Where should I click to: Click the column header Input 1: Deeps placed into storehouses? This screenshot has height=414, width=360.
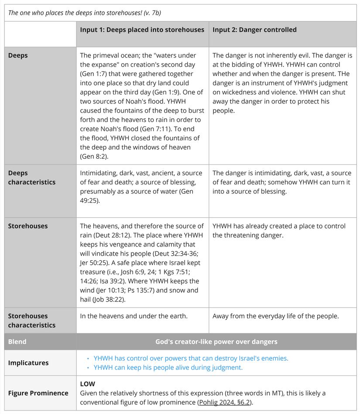[x=142, y=30]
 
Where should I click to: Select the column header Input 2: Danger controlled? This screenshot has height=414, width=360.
[x=254, y=30]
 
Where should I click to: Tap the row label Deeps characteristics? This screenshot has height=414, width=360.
[x=31, y=178]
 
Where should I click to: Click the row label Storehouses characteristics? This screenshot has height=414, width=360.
[x=31, y=320]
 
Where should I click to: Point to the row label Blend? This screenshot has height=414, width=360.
[x=17, y=342]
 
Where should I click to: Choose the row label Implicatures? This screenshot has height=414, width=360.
[x=28, y=363]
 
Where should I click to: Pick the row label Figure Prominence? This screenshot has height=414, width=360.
[x=38, y=393]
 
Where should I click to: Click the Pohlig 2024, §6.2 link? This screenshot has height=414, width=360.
[x=224, y=402]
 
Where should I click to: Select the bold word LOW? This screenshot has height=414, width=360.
[x=87, y=384]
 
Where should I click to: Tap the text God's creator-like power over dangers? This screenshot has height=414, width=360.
[x=216, y=342]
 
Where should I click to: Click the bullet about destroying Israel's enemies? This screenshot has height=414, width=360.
[x=191, y=358]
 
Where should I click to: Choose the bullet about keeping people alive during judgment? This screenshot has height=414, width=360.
[x=168, y=367]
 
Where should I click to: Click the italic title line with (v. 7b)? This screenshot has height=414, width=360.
[x=85, y=13]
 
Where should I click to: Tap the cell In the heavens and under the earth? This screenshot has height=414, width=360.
[x=134, y=316]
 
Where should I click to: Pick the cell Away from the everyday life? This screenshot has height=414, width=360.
[x=275, y=316]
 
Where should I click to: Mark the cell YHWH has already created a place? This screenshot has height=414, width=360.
[x=279, y=230]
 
